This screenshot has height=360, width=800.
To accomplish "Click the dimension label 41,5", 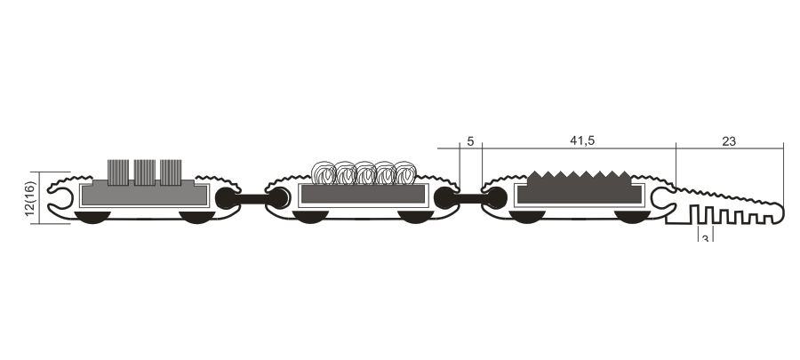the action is click(582, 140).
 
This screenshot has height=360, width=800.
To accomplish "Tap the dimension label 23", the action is click(729, 141).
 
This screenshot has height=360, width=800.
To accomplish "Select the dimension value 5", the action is click(470, 141).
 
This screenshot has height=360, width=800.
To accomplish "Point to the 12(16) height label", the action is click(30, 198).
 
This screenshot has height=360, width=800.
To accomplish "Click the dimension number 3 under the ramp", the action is click(705, 238).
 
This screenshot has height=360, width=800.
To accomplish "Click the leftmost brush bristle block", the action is click(118, 172).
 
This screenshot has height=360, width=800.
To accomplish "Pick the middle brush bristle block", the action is click(144, 172).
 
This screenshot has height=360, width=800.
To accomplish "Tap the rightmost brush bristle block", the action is click(171, 172).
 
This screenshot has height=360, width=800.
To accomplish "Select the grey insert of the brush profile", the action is click(144, 194).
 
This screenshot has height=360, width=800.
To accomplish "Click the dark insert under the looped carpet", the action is click(363, 194).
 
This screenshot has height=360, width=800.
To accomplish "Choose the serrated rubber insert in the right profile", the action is click(579, 188).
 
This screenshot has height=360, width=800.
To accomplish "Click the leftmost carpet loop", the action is click(324, 173).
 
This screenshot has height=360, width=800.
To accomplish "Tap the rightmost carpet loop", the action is click(404, 173).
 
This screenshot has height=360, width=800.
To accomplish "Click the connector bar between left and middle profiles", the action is click(252, 198).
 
